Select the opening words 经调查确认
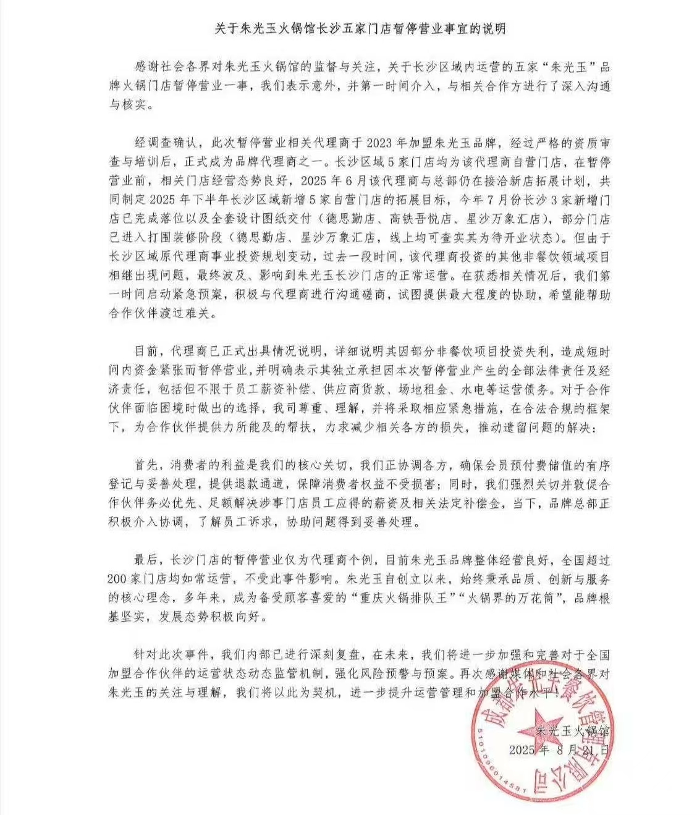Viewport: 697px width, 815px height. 165,142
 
